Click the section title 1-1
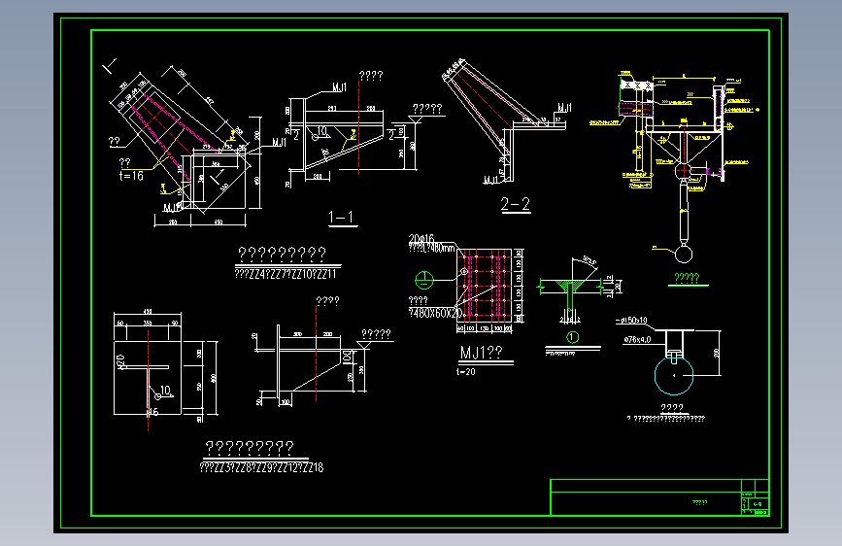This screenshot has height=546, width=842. click(x=342, y=217)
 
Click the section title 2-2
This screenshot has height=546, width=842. click(x=515, y=204)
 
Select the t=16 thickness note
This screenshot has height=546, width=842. click(x=131, y=176)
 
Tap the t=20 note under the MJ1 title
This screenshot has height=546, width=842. click(x=466, y=371)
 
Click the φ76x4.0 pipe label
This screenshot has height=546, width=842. click(x=636, y=339)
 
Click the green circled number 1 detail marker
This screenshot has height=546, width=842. click(x=572, y=337)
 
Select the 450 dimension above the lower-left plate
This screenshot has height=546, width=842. click(x=148, y=312)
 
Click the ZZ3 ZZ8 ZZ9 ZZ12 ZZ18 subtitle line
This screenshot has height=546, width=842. click(x=260, y=467)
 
